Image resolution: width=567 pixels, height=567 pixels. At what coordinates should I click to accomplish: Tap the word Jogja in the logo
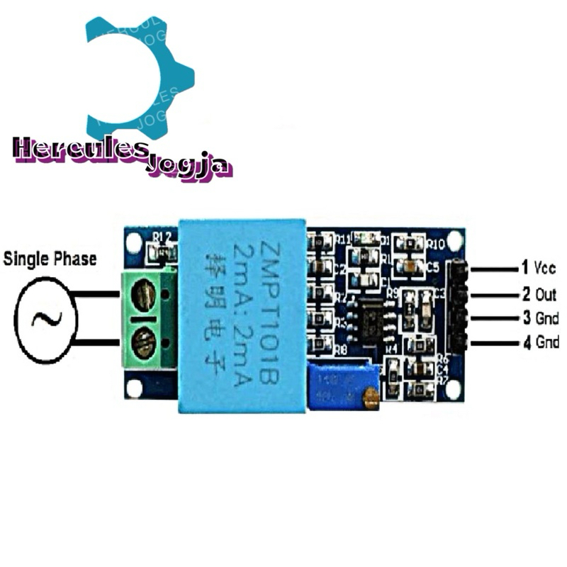[x=188, y=168]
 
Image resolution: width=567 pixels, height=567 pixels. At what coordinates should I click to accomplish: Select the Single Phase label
[x=50, y=259]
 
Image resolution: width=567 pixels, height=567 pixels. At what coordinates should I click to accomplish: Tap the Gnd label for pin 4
[x=546, y=344]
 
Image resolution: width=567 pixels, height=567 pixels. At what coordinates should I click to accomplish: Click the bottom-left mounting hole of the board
[x=134, y=388]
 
